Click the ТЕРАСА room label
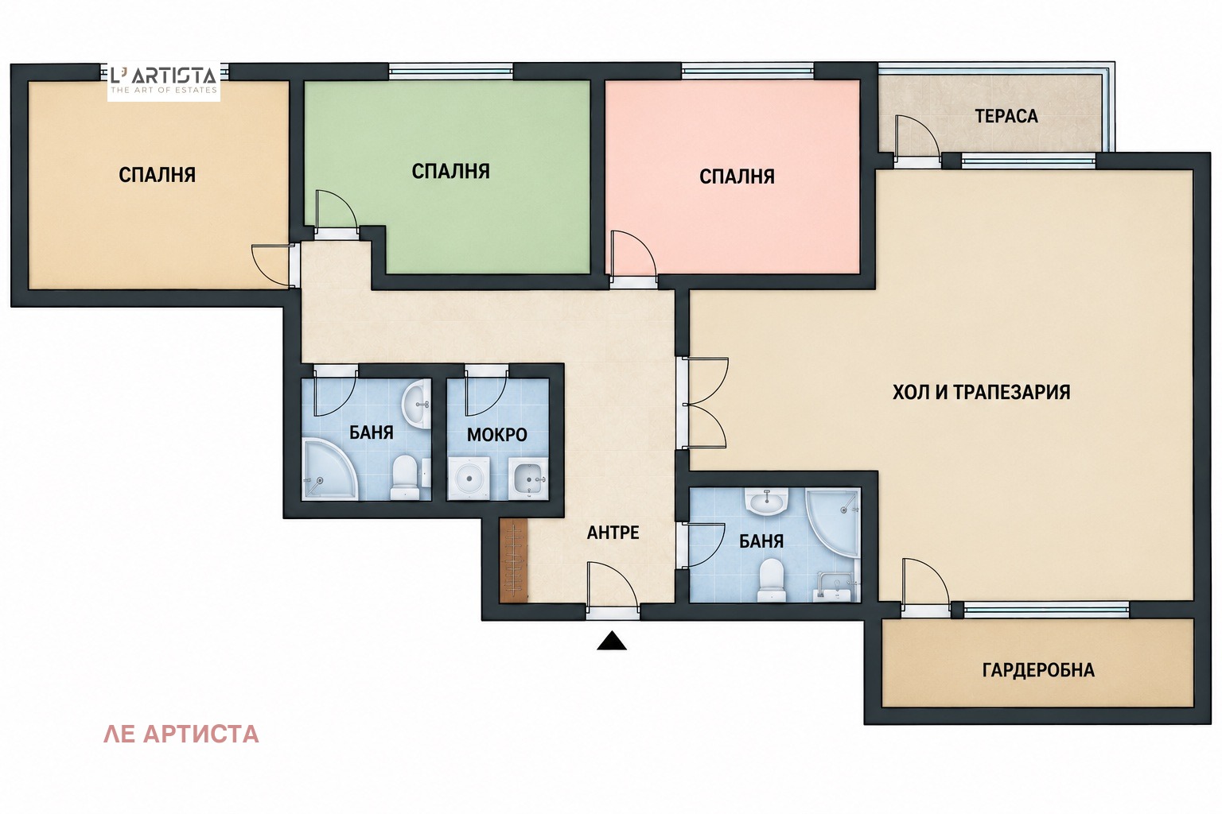1006,116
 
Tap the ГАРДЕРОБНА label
1038,669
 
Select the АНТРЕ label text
613,532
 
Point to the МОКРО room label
497,435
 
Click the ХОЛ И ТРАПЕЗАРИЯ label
982,392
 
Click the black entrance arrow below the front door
612,641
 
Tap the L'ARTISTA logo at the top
164,80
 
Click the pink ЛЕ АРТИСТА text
181,734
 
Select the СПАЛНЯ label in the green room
450,171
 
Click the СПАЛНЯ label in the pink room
737,176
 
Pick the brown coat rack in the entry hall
513,560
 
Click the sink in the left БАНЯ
416,405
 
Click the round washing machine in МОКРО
469,479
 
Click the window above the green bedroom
450,72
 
